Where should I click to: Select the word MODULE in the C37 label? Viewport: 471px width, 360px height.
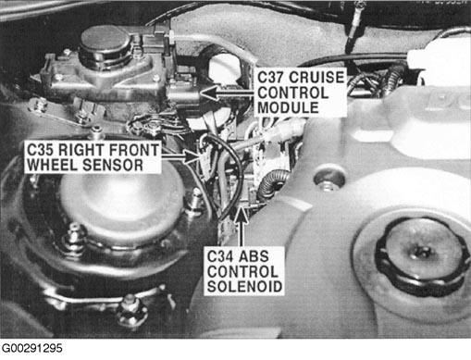coord(288,107)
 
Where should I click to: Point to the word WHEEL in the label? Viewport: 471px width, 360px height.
coord(53,165)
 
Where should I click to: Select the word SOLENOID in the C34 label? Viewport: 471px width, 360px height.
coord(244,287)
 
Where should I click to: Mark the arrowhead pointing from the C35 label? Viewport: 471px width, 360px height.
coord(192,156)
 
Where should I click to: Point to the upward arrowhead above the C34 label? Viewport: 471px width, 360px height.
coord(241,215)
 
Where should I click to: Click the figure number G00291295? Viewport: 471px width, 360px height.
coord(32,349)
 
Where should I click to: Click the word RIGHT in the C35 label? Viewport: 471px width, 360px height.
coord(80,150)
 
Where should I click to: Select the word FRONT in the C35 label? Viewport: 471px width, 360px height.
coord(133,150)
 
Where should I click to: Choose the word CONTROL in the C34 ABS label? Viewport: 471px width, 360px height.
coord(242,271)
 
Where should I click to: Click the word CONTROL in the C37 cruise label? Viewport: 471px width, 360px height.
coord(292,93)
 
